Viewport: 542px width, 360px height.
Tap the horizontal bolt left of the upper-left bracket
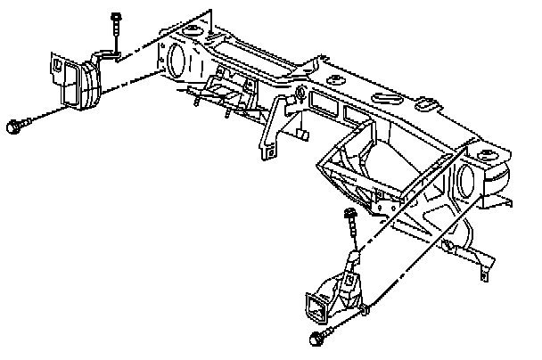tap(15, 127)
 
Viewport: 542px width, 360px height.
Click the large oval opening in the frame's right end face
tap(466, 184)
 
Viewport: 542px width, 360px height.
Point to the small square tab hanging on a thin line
tap(302, 134)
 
